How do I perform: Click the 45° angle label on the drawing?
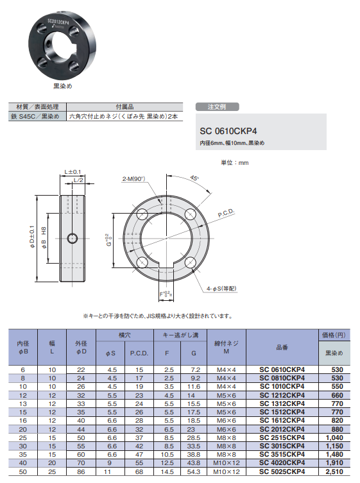click(x=194, y=178)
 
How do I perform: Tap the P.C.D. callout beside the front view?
click(x=227, y=212)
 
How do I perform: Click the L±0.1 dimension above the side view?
click(x=73, y=171)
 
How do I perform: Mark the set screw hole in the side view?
click(x=73, y=239)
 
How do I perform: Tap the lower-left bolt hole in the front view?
click(x=142, y=262)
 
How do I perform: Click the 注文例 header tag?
click(x=217, y=106)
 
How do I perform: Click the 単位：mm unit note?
click(x=234, y=163)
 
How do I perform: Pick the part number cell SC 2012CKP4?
click(x=282, y=428)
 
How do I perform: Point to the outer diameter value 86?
click(x=80, y=471)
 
